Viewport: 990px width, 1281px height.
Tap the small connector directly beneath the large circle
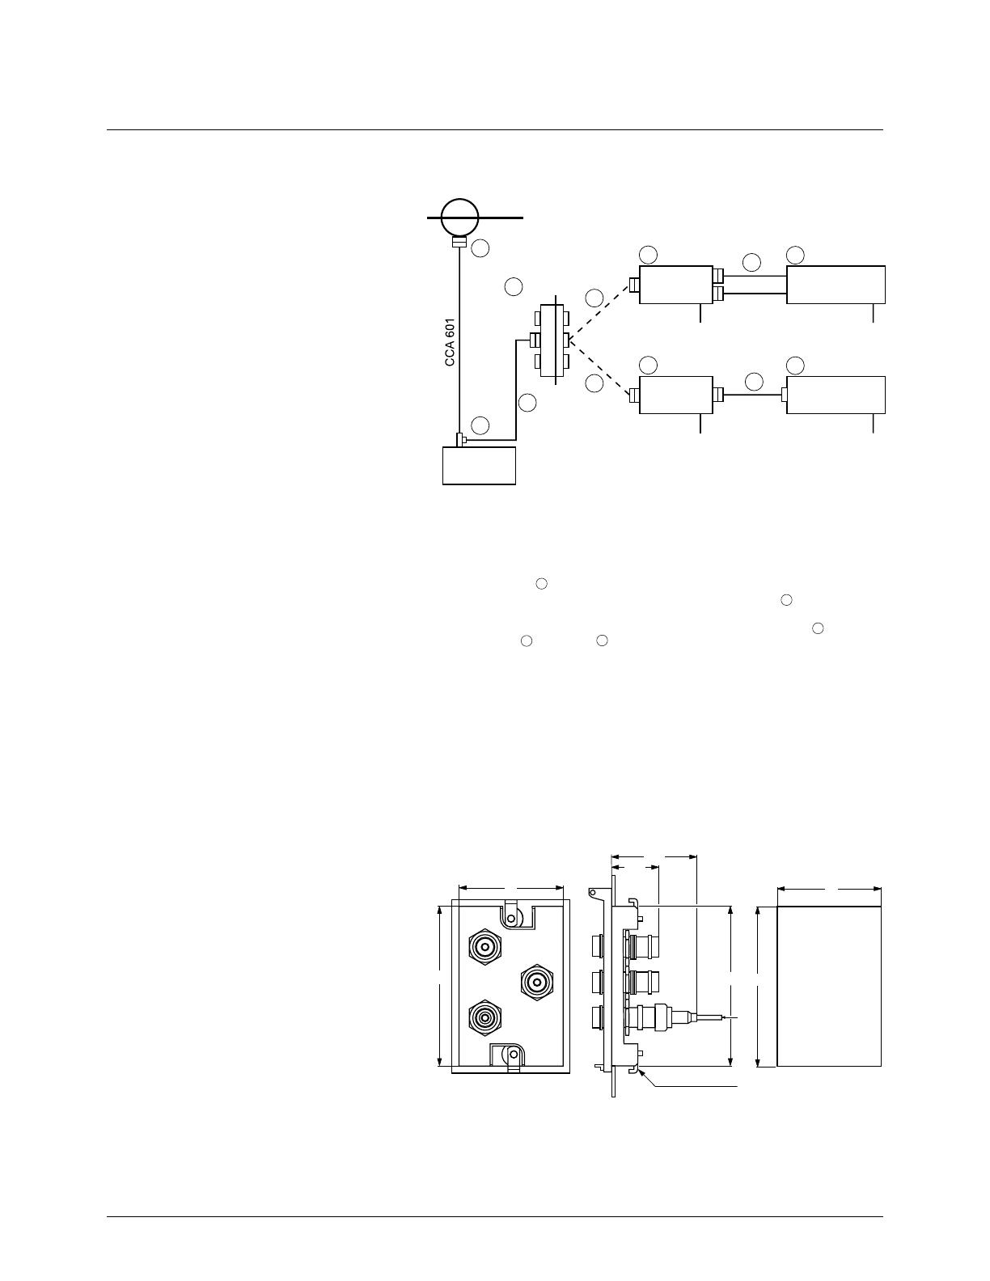459,243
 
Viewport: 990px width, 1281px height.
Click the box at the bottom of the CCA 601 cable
479,466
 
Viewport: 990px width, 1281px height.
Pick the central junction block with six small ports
551,340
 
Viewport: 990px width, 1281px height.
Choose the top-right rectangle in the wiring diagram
836,285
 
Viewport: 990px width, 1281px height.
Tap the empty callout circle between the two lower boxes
754,382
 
